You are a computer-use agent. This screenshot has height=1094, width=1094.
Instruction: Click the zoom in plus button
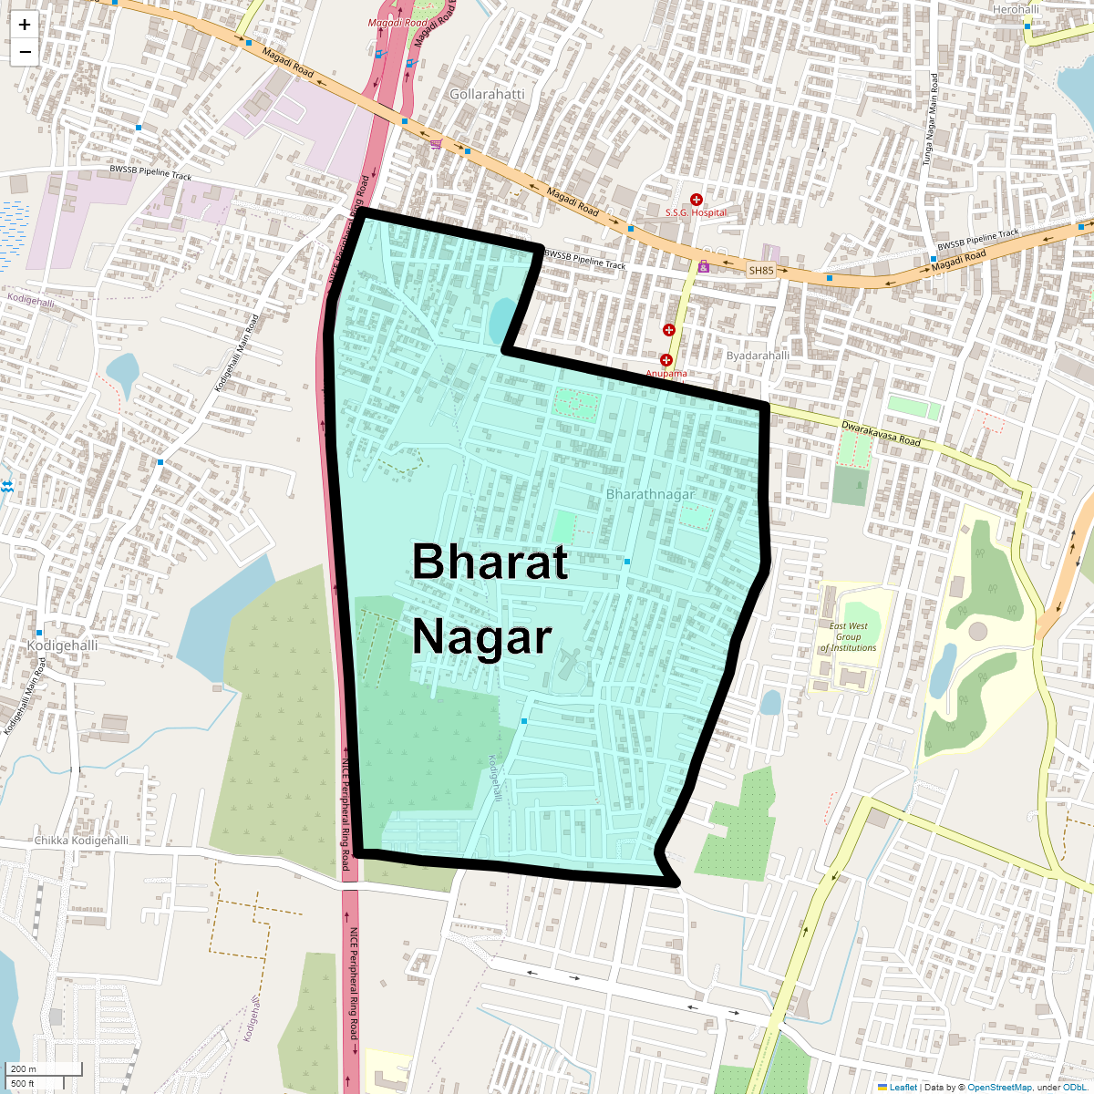25,25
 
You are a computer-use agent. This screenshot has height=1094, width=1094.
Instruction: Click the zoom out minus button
25,52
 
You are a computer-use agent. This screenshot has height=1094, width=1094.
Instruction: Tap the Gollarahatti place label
487,94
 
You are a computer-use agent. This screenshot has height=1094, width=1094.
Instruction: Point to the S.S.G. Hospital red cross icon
697,199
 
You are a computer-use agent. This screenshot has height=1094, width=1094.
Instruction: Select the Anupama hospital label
666,374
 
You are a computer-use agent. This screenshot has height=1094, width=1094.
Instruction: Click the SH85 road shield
760,271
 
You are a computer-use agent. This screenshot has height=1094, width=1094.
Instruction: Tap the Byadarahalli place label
758,355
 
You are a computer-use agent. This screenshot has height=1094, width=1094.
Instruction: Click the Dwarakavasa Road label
881,433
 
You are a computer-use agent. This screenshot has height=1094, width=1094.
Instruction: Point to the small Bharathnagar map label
650,494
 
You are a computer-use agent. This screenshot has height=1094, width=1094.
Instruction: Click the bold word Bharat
490,562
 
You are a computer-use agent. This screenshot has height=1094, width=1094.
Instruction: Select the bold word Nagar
482,637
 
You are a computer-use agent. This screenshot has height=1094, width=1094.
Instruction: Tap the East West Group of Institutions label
848,637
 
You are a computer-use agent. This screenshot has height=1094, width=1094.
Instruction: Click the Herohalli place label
1016,9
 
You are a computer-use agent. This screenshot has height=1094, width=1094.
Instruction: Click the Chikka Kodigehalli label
81,840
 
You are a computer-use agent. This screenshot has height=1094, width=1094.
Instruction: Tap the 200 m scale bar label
25,1068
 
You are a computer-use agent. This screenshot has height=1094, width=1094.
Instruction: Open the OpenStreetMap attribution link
999,1087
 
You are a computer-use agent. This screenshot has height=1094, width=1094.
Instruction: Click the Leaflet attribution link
903,1087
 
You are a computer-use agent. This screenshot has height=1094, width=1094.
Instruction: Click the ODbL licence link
1075,1087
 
